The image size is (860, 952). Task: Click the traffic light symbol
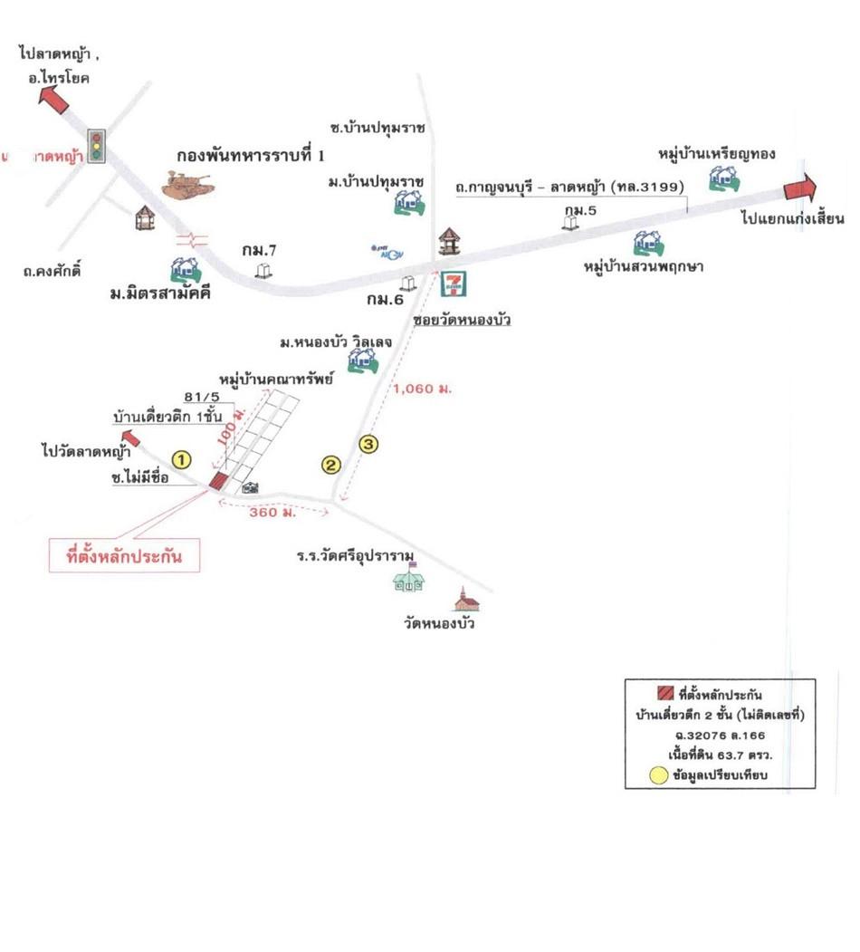coord(94,144)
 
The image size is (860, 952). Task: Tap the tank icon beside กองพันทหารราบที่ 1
coord(189,184)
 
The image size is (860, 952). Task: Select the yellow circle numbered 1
coord(183,460)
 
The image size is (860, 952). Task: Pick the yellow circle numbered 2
coord(331,466)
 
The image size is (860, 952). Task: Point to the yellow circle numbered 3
coord(368,444)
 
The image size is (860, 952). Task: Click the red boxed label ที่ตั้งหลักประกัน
coord(124,556)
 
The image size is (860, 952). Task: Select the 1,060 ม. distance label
coord(422,389)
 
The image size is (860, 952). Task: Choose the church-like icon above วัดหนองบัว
coord(466,599)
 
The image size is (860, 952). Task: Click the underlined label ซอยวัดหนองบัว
coord(462,320)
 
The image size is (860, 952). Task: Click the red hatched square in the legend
coord(665,695)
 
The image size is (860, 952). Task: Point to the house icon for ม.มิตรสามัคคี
coord(186,268)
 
